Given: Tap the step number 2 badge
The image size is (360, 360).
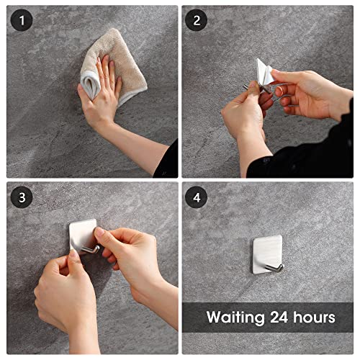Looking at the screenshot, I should coord(196,21).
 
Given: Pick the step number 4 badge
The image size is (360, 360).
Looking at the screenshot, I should coord(196,197).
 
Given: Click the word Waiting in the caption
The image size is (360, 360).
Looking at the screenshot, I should coord(236,317).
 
